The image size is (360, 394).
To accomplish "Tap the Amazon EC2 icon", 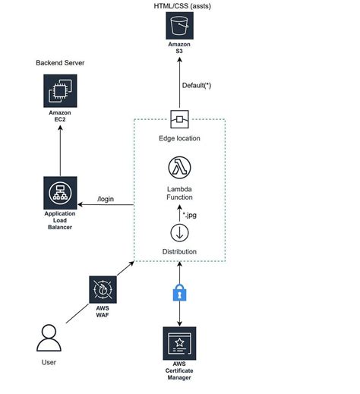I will tap(59, 95).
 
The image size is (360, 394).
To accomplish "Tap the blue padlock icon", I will tap(180, 293).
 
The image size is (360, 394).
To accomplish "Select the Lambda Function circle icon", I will tap(179, 167).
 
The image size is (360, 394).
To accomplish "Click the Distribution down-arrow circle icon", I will tap(180, 232).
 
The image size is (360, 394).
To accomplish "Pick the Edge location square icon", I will tap(179, 118).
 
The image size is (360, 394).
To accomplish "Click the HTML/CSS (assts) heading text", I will tap(179, 6).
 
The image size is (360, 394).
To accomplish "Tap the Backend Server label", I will tap(59, 61).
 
